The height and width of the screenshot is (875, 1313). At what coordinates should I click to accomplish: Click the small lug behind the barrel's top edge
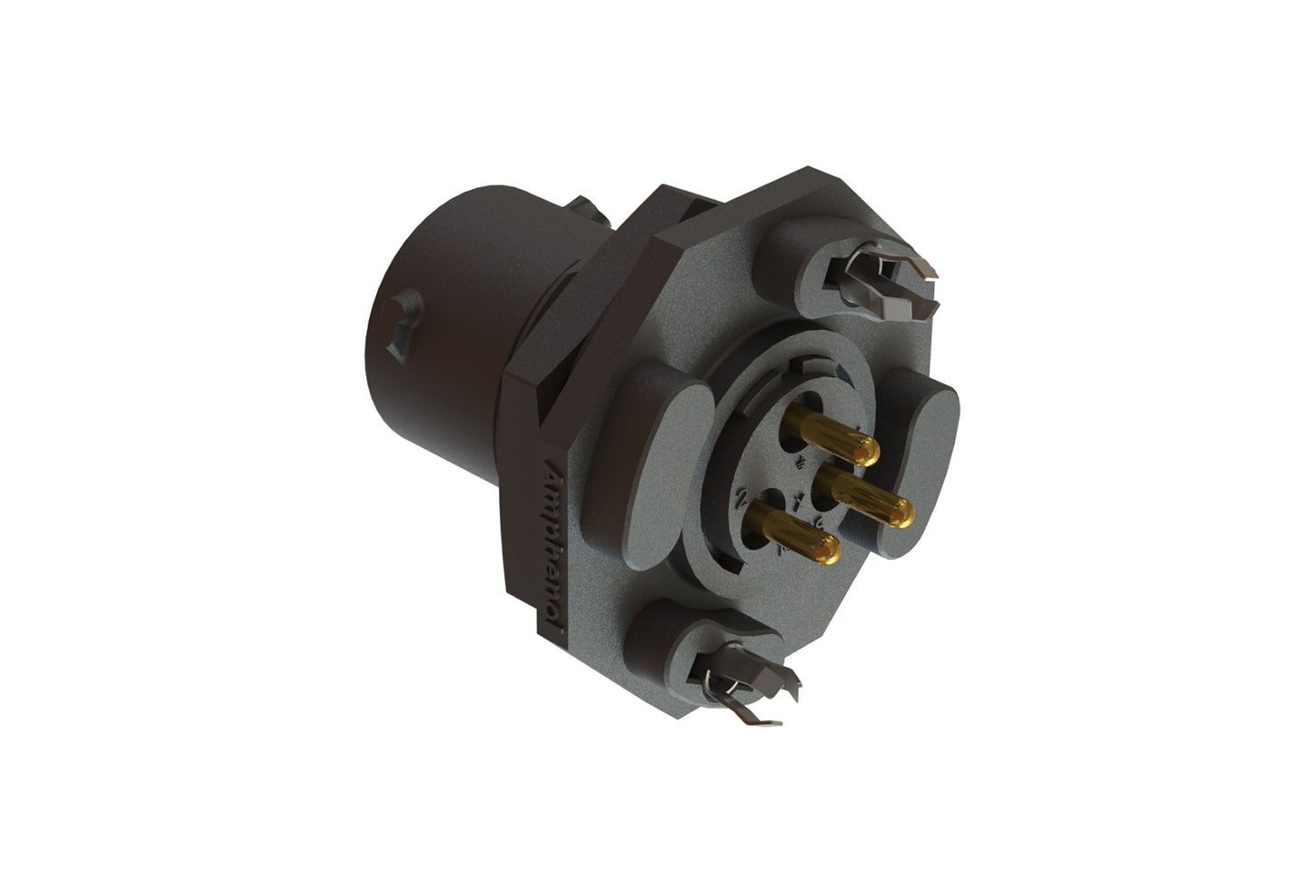pos(587,212)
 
